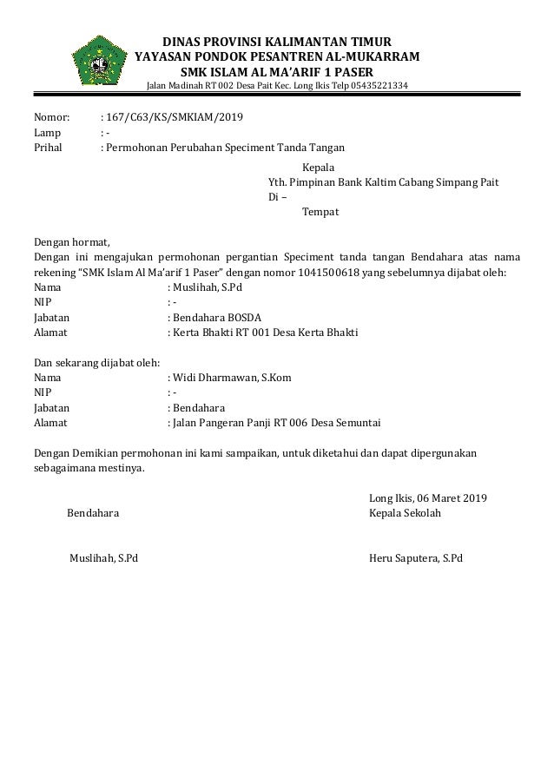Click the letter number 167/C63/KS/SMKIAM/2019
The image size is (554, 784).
(x=175, y=117)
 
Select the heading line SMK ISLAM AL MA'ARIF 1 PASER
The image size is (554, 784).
(x=277, y=71)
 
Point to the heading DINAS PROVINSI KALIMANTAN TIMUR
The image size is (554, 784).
(x=277, y=41)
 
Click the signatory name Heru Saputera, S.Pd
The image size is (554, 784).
(x=416, y=557)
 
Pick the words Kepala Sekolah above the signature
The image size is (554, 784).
(x=406, y=513)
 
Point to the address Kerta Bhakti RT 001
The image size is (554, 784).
(x=226, y=333)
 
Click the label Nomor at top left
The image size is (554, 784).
(x=50, y=117)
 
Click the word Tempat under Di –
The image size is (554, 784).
(x=320, y=212)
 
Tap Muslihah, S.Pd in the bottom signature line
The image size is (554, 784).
(x=102, y=557)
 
